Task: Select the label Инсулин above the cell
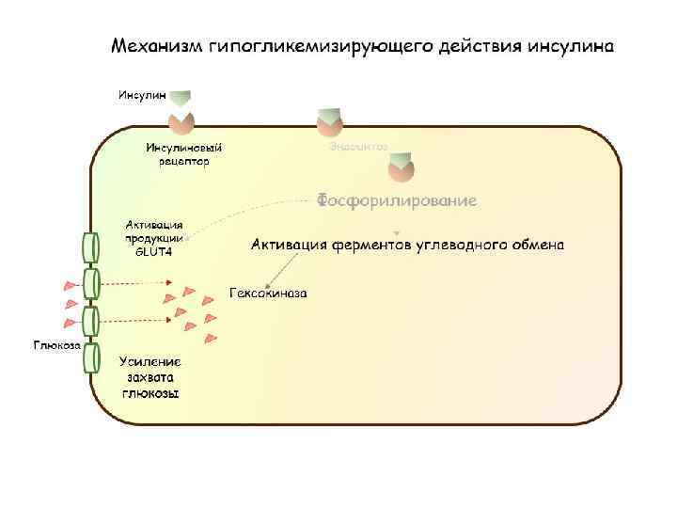click(x=141, y=94)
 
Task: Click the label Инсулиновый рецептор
click(x=184, y=153)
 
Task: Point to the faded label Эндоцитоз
click(x=358, y=146)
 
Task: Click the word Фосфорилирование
click(x=396, y=200)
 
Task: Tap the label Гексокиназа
click(x=268, y=294)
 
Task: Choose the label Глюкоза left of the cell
click(x=57, y=344)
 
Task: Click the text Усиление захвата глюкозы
click(x=150, y=377)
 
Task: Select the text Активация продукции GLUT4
click(x=154, y=238)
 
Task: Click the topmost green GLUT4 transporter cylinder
click(x=91, y=246)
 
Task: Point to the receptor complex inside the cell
click(x=401, y=170)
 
